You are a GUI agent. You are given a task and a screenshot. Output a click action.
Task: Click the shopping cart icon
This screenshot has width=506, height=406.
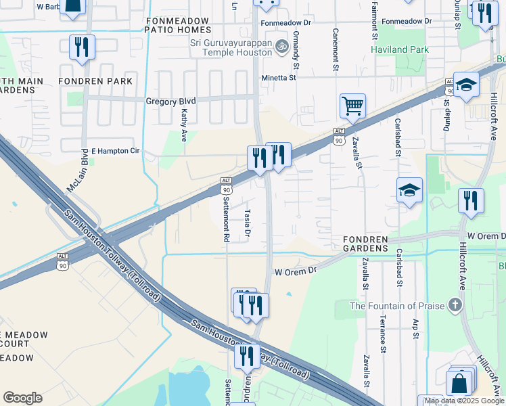[352, 106]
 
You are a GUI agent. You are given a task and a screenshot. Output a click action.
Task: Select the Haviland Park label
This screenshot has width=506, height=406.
[400, 49]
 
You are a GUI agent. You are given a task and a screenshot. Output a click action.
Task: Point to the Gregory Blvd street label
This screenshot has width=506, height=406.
[166, 101]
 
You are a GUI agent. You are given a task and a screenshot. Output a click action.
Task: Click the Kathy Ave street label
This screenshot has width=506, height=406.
[183, 127]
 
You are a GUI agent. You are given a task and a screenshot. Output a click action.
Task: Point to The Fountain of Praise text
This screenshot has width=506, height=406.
[396, 306]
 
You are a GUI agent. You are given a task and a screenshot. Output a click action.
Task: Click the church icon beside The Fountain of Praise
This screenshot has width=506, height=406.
[456, 305]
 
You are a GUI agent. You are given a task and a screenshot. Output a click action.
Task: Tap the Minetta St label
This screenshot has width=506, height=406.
[279, 78]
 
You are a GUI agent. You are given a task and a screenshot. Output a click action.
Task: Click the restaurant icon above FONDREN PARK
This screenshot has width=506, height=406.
[82, 47]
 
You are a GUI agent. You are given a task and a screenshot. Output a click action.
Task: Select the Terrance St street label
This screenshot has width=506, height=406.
[383, 334]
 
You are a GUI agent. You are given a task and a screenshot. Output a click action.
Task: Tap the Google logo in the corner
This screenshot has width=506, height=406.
[22, 397]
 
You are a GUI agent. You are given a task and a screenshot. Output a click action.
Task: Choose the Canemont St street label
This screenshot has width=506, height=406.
[335, 49]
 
